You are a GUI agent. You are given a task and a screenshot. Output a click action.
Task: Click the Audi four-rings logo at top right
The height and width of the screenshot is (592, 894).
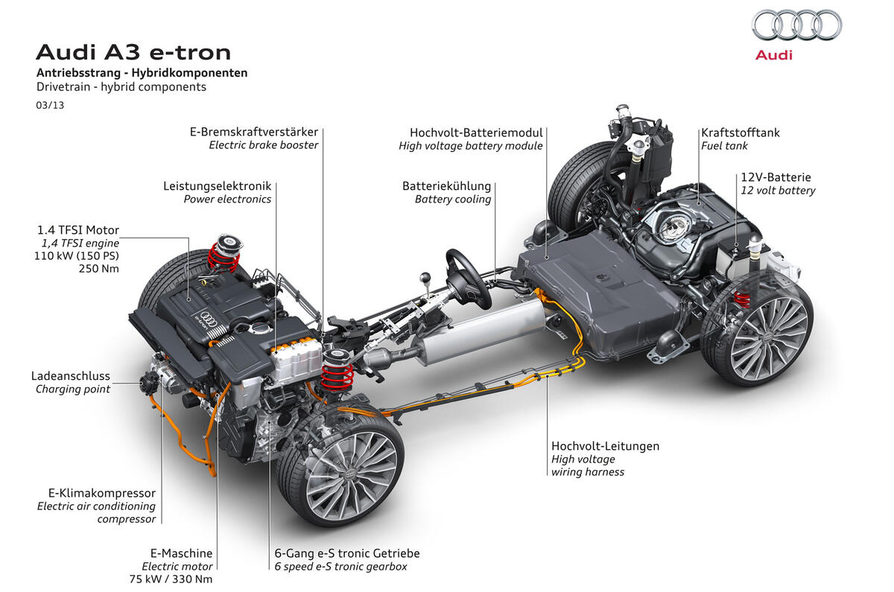796,25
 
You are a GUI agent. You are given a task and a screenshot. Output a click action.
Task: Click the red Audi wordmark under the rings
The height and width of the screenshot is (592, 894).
773,55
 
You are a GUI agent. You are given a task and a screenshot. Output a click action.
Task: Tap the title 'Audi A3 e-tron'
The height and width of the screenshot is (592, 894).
133,52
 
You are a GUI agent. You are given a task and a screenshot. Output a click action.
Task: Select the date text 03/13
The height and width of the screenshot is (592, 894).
50,105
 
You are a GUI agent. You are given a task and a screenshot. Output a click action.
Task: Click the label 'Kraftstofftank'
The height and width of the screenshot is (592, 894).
741,133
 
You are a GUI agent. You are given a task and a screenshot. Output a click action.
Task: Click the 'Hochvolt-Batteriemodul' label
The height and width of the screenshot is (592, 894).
476,133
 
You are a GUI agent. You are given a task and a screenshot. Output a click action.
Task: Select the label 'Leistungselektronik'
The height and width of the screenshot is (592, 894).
217,186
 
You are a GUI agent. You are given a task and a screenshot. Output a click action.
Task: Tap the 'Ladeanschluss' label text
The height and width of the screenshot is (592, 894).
71,376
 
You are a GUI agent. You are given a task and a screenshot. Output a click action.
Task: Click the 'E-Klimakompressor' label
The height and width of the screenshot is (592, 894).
102,493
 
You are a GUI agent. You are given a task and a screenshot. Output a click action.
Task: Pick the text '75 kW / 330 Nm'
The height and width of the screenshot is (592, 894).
171,579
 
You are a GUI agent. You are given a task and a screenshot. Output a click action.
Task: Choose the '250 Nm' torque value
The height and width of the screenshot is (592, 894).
99,269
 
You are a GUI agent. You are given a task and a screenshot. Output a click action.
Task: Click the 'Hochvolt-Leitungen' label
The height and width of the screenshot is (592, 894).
606,446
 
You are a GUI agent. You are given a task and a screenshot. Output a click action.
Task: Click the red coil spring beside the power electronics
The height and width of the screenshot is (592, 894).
337,376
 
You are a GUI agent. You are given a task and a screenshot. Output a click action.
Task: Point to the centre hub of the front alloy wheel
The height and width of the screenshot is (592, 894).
350,474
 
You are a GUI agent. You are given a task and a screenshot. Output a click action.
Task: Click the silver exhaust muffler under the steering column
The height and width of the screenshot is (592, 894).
483,332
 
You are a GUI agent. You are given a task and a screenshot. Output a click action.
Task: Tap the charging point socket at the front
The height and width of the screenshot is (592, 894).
148,383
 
